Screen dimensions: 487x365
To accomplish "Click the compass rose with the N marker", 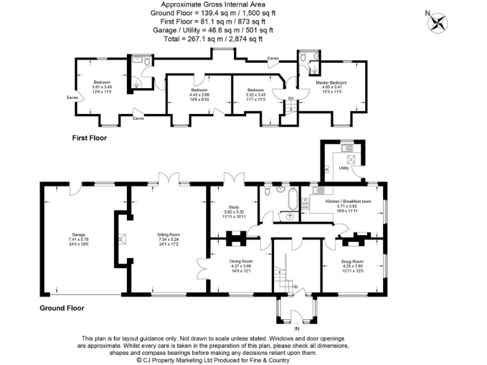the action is (x=438, y=23).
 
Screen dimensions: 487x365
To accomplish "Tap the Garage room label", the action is (x=79, y=234).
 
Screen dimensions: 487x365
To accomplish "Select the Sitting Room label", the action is (x=169, y=234).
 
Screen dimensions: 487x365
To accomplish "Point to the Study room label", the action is (x=232, y=207).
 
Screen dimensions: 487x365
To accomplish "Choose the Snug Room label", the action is (x=353, y=261).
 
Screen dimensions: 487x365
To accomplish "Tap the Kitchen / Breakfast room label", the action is (x=348, y=201).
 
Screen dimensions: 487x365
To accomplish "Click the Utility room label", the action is (x=344, y=167).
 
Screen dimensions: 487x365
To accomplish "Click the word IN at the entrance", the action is (x=297, y=329).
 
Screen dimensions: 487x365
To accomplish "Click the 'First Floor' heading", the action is (x=89, y=138).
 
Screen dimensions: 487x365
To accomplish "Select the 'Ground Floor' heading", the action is (x=62, y=308).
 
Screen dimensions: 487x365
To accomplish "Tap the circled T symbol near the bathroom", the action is (x=290, y=216).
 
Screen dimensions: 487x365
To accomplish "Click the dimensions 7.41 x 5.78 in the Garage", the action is (x=79, y=238).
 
